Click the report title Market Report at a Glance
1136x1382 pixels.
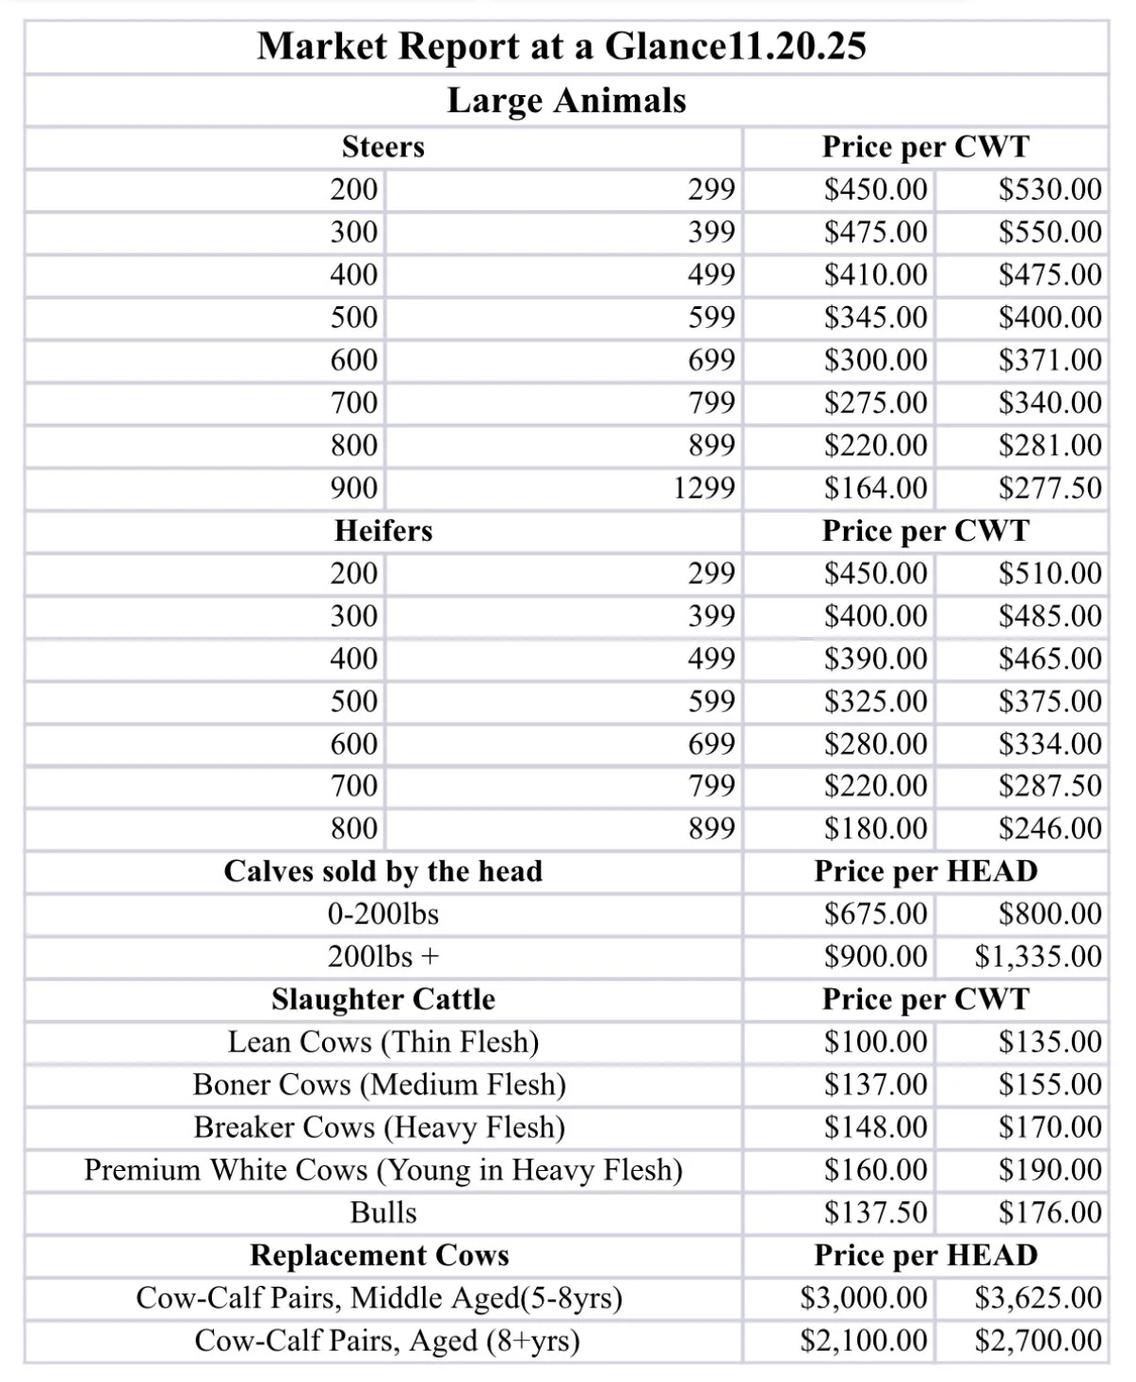tap(561, 46)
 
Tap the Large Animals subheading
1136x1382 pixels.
tap(566, 100)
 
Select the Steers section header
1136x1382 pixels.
tap(382, 147)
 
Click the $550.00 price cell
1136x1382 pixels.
tap(1049, 232)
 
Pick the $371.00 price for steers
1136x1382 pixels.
tap(1049, 360)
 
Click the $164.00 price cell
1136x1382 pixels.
tap(875, 488)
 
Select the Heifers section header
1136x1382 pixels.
tap(382, 531)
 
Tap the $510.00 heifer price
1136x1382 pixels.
tap(1049, 573)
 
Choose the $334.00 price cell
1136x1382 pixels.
tap(1049, 744)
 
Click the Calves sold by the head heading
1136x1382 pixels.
tap(382, 871)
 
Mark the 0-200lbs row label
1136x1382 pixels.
tap(382, 914)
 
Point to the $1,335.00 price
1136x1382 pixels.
tap(1037, 957)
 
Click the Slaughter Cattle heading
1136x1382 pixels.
tap(382, 1000)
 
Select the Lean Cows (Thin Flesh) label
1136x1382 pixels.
tap(382, 1042)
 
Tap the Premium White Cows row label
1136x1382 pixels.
tap(382, 1170)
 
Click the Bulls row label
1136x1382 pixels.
tap(382, 1212)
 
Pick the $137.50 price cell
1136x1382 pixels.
tap(875, 1212)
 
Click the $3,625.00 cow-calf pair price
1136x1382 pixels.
tap(1037, 1298)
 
